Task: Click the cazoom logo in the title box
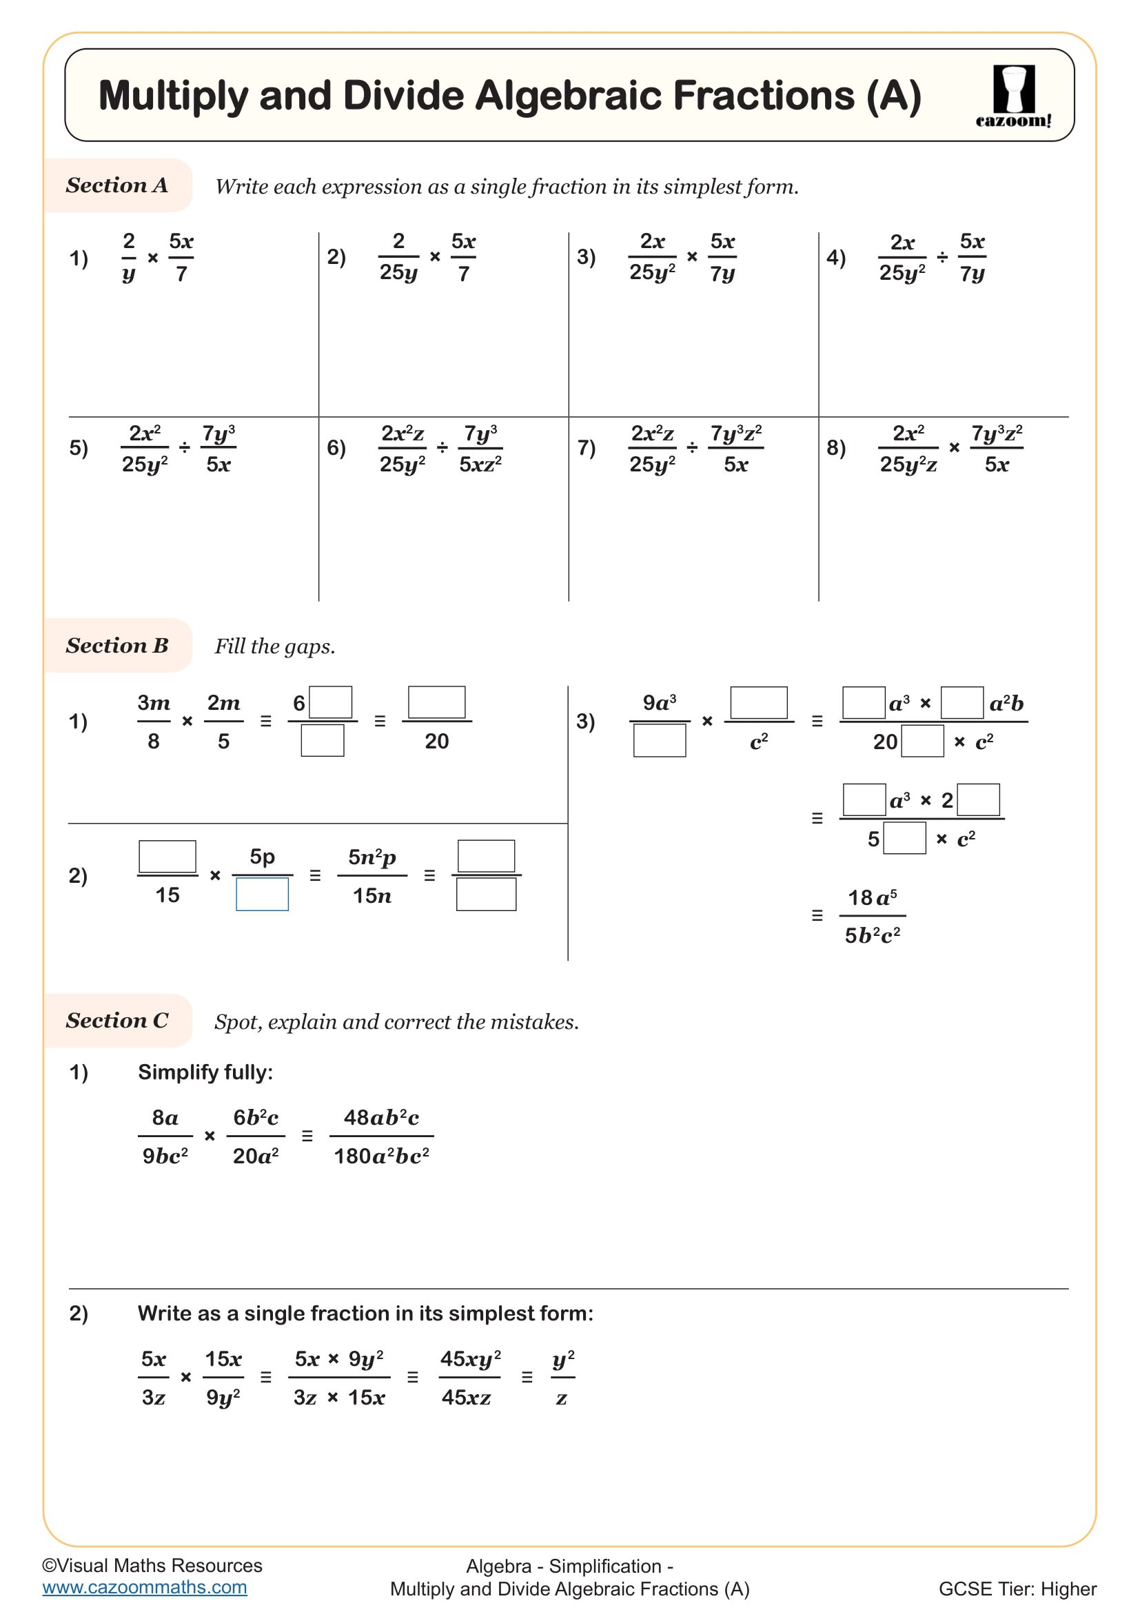tap(1013, 95)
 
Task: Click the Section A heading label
tap(116, 185)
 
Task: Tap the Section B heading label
tap(116, 645)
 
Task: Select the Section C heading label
tap(116, 1020)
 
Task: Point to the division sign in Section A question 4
tap(942, 258)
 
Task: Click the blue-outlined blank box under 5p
tap(262, 895)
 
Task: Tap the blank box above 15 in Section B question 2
tap(167, 856)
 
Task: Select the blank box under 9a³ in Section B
tap(659, 741)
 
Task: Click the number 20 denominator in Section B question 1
tap(436, 741)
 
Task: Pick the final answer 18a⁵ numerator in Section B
tap(872, 897)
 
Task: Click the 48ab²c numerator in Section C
tap(380, 1117)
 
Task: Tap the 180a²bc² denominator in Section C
tap(380, 1156)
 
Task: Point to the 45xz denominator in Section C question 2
tap(466, 1397)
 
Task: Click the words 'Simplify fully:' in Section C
tap(205, 1072)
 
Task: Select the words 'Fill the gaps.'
tap(274, 646)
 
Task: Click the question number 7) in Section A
tap(586, 448)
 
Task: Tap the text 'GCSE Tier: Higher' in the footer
tap(1017, 1589)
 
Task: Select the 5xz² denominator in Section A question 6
tap(480, 464)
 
